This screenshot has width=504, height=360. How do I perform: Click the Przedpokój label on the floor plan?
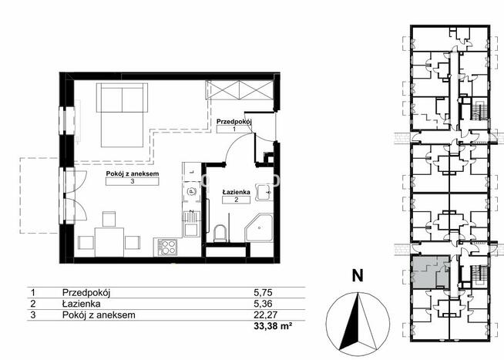click(234, 122)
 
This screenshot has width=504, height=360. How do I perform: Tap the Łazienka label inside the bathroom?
click(237, 192)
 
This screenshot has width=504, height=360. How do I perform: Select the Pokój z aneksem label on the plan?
click(133, 174)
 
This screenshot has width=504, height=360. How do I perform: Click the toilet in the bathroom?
click(220, 234)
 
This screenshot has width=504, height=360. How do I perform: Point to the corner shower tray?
click(259, 228)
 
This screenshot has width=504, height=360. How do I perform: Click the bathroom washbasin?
click(264, 193)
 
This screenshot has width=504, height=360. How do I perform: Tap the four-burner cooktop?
click(167, 247)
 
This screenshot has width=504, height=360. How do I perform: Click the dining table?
click(109, 242)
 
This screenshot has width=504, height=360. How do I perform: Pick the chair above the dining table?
click(109, 219)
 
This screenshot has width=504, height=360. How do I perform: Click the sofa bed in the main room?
click(122, 115)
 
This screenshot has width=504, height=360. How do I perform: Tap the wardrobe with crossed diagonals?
click(240, 90)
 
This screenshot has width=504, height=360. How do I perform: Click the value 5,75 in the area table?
click(263, 292)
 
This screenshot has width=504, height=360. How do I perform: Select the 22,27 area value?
click(266, 315)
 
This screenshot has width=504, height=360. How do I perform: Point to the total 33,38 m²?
click(273, 326)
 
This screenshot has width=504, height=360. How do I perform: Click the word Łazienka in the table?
click(82, 304)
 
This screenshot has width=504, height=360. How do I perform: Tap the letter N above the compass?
click(358, 275)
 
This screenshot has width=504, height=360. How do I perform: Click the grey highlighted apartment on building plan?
click(430, 272)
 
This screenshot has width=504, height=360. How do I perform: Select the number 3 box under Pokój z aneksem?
click(133, 182)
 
